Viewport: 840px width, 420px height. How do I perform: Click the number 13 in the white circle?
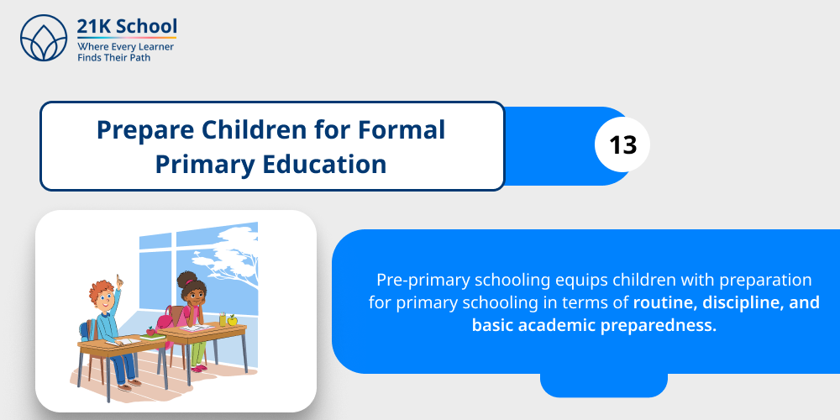tap(623, 145)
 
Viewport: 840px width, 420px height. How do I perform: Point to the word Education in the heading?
tap(332, 164)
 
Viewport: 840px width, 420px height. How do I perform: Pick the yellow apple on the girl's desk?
tap(232, 319)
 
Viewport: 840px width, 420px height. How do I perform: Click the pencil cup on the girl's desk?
tap(223, 318)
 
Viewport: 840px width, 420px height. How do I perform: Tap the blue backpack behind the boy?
tap(87, 329)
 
